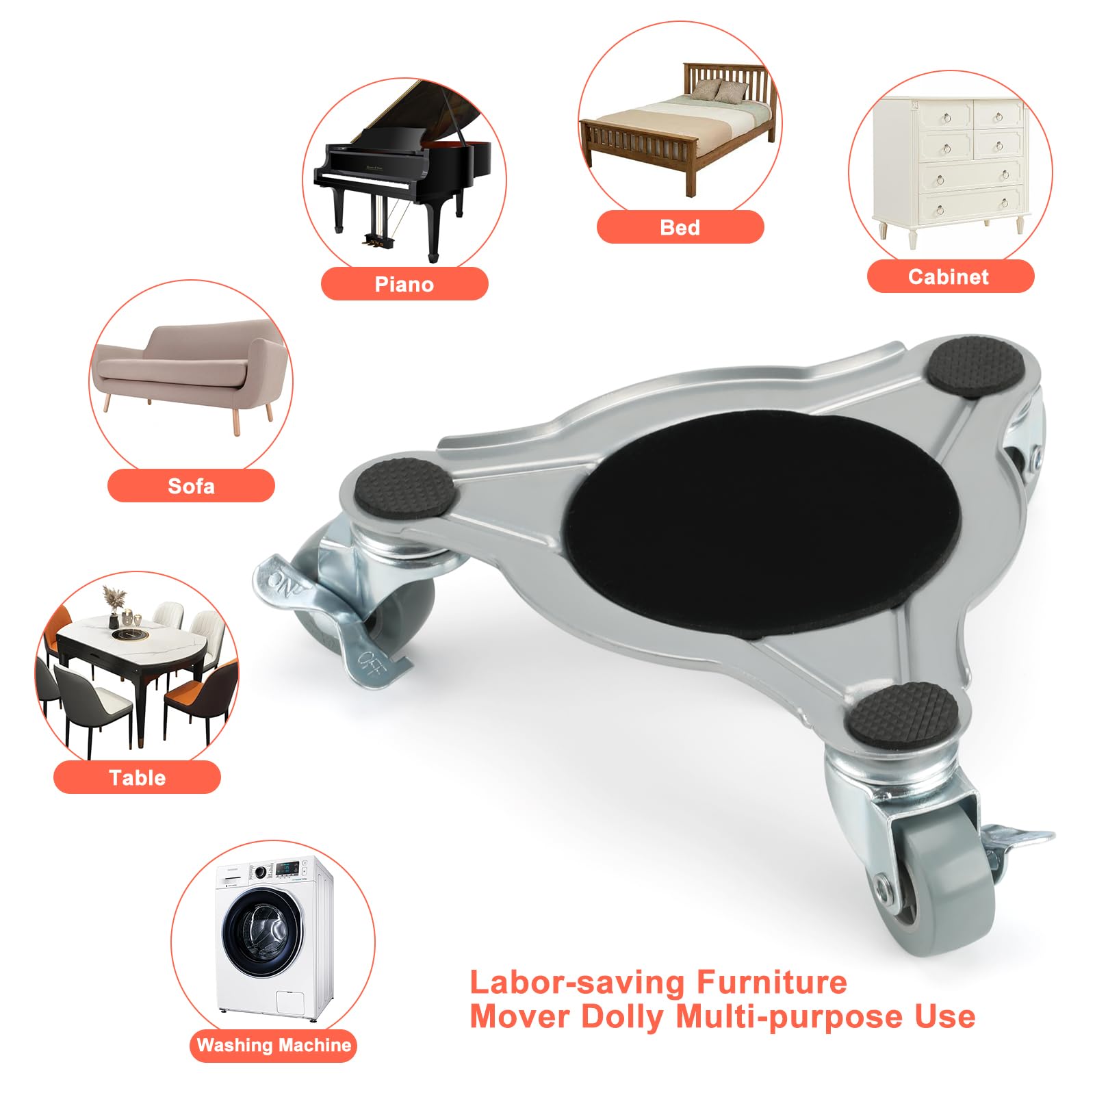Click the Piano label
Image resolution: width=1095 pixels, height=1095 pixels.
click(x=404, y=284)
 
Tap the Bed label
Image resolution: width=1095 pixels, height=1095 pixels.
click(x=680, y=227)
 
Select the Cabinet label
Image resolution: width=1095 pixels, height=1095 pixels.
click(x=949, y=276)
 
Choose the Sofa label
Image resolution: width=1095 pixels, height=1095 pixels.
click(x=191, y=486)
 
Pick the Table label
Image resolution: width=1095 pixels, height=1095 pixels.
click(x=137, y=777)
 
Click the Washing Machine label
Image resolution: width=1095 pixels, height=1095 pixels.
click(x=274, y=1045)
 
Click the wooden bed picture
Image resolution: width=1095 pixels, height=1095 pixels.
click(x=678, y=130)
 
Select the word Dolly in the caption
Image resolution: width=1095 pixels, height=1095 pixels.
click(x=621, y=1017)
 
